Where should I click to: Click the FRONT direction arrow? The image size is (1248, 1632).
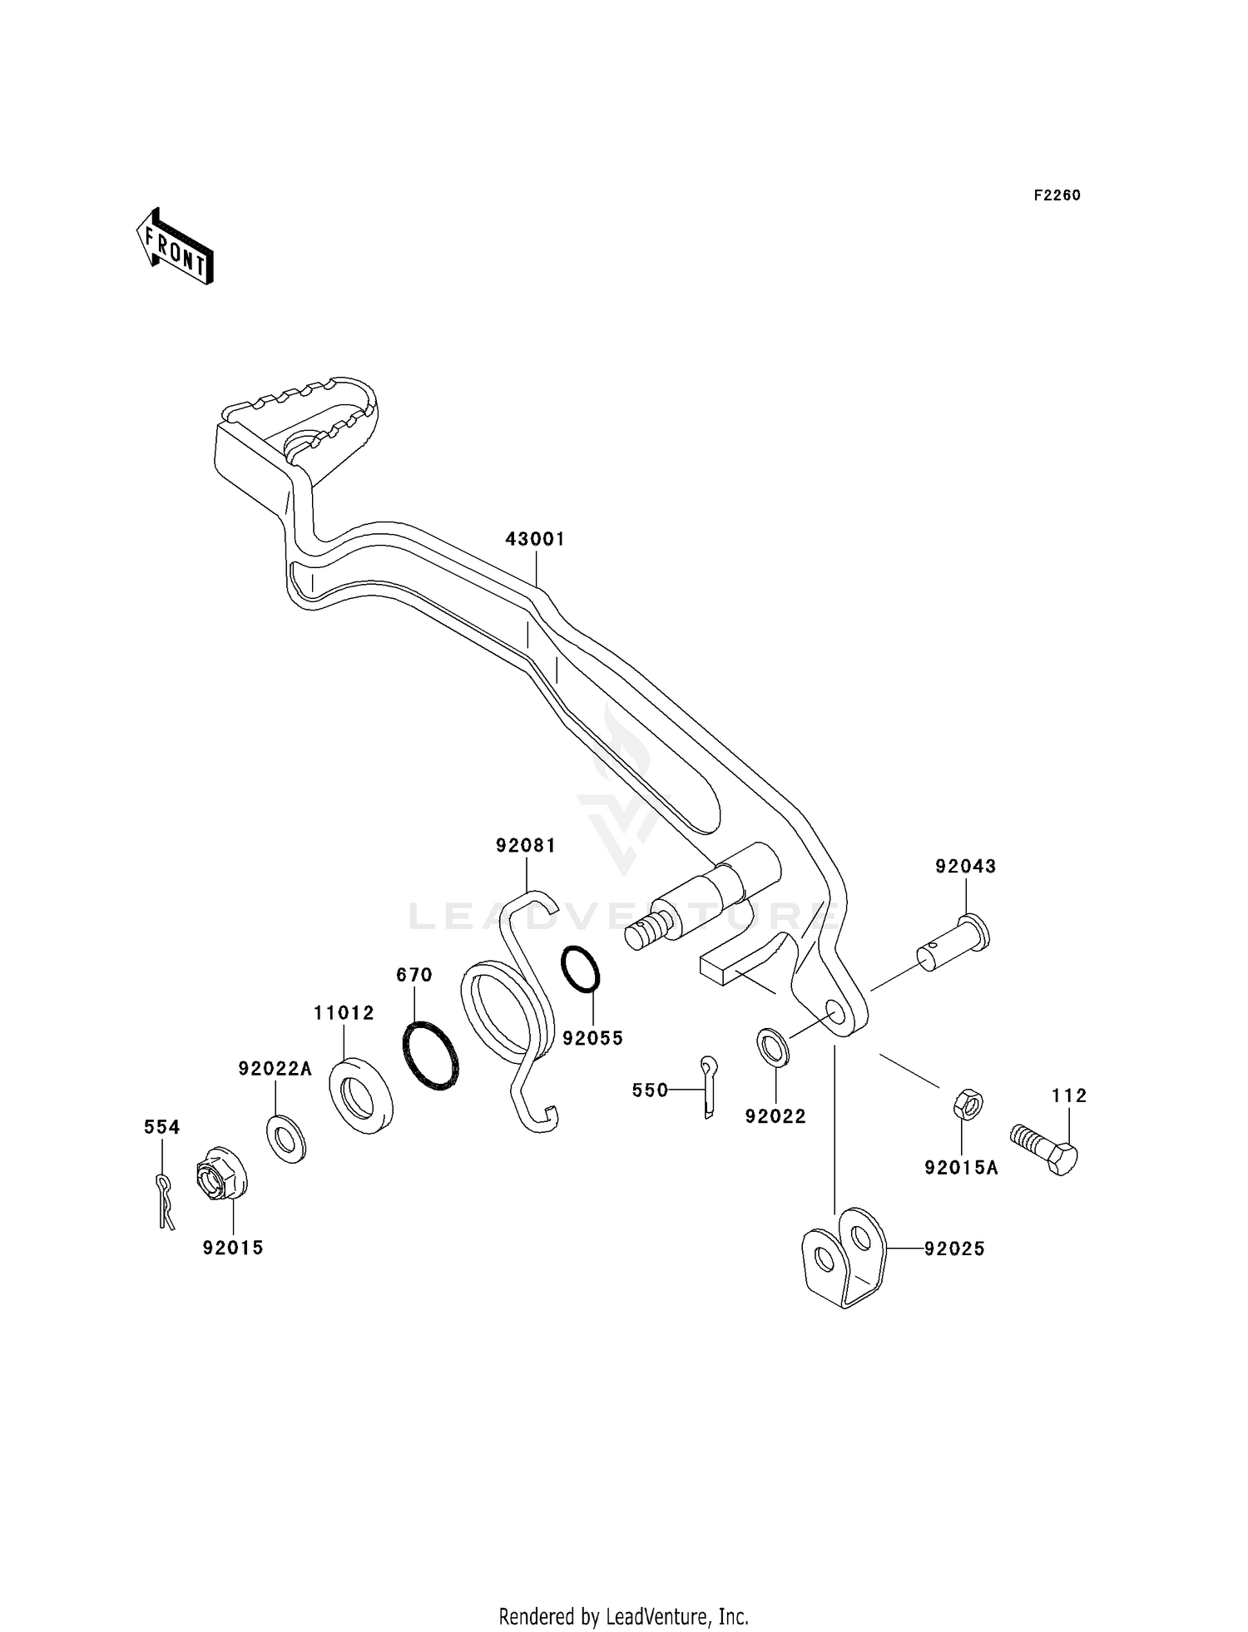(x=175, y=247)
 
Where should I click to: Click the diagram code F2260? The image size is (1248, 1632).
(x=1057, y=195)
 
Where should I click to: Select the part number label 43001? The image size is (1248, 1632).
(x=535, y=539)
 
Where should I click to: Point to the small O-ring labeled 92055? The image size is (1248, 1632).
(x=581, y=968)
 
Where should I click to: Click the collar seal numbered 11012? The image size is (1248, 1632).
(x=361, y=1095)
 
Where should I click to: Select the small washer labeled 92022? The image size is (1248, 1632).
(x=774, y=1047)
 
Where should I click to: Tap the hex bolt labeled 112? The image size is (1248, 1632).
(x=1044, y=1148)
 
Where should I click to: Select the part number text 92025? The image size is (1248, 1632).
(x=953, y=1249)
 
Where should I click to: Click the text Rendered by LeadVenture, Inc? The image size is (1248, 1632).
(x=623, y=1616)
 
